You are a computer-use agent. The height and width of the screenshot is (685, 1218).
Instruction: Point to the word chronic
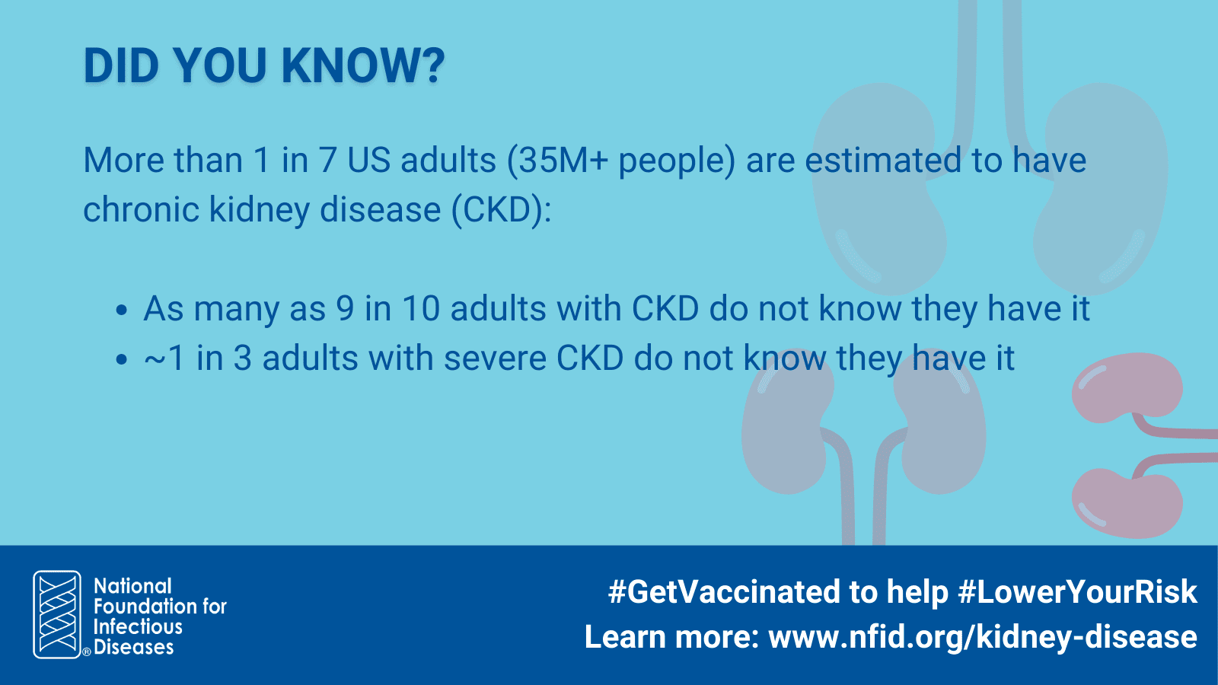point(141,209)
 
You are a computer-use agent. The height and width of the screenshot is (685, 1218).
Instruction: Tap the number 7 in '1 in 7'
point(327,161)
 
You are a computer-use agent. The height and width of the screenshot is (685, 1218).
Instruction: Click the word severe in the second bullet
point(495,358)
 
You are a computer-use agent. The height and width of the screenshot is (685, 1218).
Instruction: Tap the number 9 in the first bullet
point(345,309)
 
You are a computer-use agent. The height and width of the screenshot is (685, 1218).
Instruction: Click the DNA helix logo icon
point(57,614)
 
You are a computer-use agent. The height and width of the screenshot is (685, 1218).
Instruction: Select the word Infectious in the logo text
point(138,627)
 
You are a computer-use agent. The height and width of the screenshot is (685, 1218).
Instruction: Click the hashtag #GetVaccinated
point(724,592)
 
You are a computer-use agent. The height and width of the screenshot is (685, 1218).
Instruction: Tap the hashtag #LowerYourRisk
point(1078,592)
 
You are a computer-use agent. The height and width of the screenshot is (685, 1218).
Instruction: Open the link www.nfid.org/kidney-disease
point(983,638)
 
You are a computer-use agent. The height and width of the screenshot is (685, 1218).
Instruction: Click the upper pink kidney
point(1127,387)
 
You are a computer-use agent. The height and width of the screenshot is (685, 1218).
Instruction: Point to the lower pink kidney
point(1127,504)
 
